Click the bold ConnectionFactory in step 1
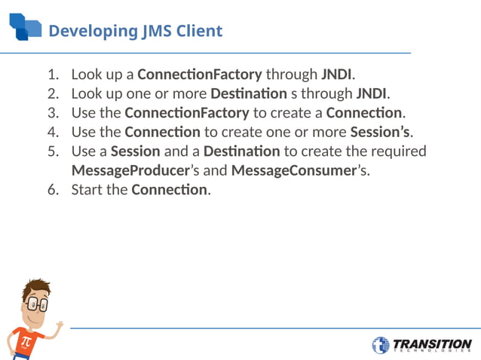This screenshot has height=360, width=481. [x=200, y=75]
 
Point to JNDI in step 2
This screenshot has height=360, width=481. [x=372, y=93]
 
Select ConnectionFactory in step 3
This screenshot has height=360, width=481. [x=186, y=113]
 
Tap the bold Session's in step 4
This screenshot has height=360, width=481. [x=381, y=132]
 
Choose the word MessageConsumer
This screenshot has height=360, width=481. [x=293, y=170]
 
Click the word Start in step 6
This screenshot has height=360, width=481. [x=86, y=189]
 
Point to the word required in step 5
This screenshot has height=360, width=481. [x=399, y=151]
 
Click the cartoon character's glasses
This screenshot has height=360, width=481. [x=36, y=305]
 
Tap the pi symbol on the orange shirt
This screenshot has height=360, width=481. [x=26, y=341]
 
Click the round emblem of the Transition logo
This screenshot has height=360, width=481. [x=381, y=346]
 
